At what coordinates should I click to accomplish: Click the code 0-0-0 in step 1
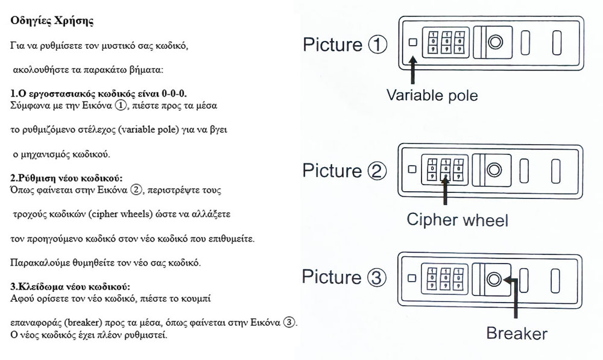(x=174, y=95)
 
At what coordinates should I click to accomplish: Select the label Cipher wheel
(x=457, y=219)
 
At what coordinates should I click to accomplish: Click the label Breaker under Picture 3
(x=516, y=333)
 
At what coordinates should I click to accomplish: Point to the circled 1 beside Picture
(x=377, y=45)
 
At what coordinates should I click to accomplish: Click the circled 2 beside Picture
(x=377, y=171)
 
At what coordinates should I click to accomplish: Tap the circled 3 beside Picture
(x=377, y=277)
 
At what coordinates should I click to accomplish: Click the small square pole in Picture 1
(x=413, y=43)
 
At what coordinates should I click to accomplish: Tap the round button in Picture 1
(x=494, y=43)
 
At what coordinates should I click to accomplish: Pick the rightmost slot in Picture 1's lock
(x=557, y=43)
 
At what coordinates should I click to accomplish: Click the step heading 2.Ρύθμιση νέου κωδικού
(x=67, y=178)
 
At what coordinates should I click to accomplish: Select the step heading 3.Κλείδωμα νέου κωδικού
(x=71, y=285)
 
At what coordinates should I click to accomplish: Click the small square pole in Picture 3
(x=413, y=279)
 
